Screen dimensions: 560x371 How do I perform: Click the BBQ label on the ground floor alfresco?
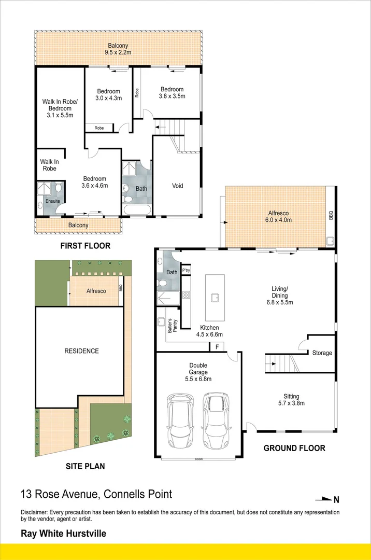pos(331,215)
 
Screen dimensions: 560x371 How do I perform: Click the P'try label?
pos(186,270)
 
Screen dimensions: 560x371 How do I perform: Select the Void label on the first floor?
pos(177,186)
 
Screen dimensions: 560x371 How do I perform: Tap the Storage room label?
pos(322,353)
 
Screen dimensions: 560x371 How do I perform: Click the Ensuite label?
pos(53,201)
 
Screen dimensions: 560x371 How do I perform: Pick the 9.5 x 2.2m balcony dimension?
pos(118,53)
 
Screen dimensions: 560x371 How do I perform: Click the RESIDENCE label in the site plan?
pos(81,351)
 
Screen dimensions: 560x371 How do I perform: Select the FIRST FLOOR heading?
pos(86,246)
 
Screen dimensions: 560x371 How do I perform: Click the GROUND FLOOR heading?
pos(294,448)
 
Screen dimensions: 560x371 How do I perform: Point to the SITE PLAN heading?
pos(85,466)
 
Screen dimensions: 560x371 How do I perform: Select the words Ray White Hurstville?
pos(63,533)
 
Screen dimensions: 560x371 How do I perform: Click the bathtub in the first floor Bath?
pos(137,210)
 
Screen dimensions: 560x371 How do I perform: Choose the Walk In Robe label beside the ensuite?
pos(49,165)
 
